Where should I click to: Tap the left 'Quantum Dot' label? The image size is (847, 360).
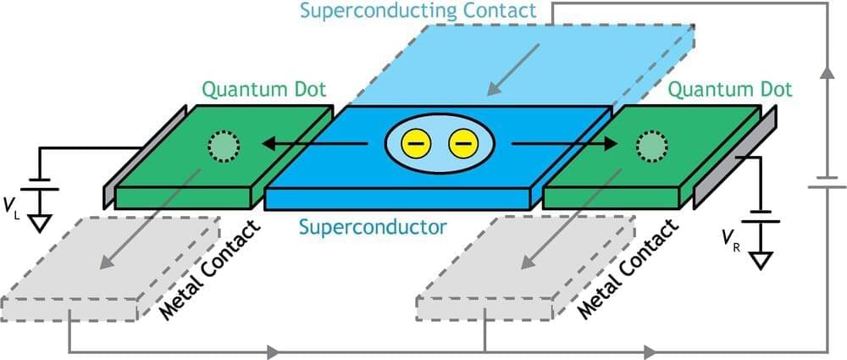click(263, 90)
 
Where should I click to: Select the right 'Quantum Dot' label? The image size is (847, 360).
click(730, 90)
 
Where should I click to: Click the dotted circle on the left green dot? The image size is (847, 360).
click(224, 146)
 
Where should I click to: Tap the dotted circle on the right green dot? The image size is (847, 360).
click(650, 146)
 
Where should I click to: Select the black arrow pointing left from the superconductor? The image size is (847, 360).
click(313, 145)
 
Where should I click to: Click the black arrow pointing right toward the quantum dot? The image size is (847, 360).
click(563, 145)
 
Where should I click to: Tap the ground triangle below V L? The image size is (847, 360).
click(39, 223)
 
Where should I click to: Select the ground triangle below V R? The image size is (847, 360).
click(760, 259)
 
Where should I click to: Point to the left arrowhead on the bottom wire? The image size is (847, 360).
click(271, 350)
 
